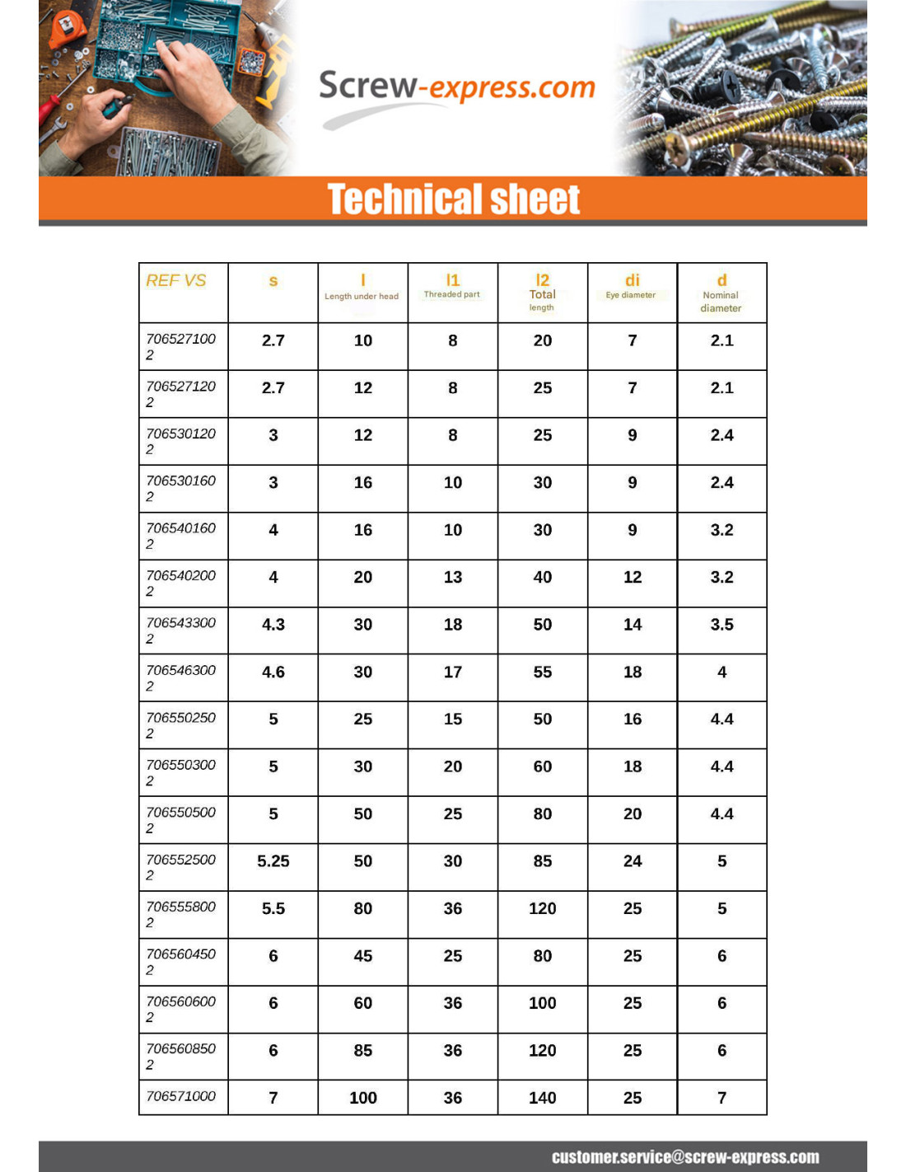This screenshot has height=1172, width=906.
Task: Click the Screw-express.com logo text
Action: pyautogui.click(x=456, y=87)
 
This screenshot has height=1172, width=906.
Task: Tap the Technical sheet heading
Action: pyautogui.click(x=454, y=199)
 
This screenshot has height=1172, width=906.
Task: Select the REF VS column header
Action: pyautogui.click(x=176, y=281)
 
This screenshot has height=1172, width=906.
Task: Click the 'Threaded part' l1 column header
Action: pyautogui.click(x=452, y=286)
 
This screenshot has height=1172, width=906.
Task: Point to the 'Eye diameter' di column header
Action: pyautogui.click(x=632, y=286)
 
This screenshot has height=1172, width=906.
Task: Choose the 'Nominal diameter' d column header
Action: pyautogui.click(x=722, y=293)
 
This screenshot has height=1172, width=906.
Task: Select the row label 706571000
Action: pyautogui.click(x=181, y=1096)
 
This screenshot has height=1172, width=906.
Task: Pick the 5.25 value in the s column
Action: pyautogui.click(x=273, y=861)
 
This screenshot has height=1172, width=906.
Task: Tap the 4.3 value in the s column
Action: pyautogui.click(x=273, y=625)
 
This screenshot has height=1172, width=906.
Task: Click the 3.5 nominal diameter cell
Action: pyautogui.click(x=722, y=625)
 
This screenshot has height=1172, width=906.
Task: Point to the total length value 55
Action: pyautogui.click(x=542, y=672)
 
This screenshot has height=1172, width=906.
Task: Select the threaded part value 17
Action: pyautogui.click(x=453, y=672)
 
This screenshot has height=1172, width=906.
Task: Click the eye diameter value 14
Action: pyautogui.click(x=632, y=625)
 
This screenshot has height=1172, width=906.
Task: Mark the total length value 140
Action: pyautogui.click(x=542, y=1098)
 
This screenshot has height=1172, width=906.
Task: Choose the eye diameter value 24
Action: pyautogui.click(x=632, y=861)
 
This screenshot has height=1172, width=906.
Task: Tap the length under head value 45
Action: pyautogui.click(x=363, y=956)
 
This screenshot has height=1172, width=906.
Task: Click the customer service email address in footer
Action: pyautogui.click(x=685, y=1157)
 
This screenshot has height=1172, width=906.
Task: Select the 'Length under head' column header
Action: pyautogui.click(x=362, y=288)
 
